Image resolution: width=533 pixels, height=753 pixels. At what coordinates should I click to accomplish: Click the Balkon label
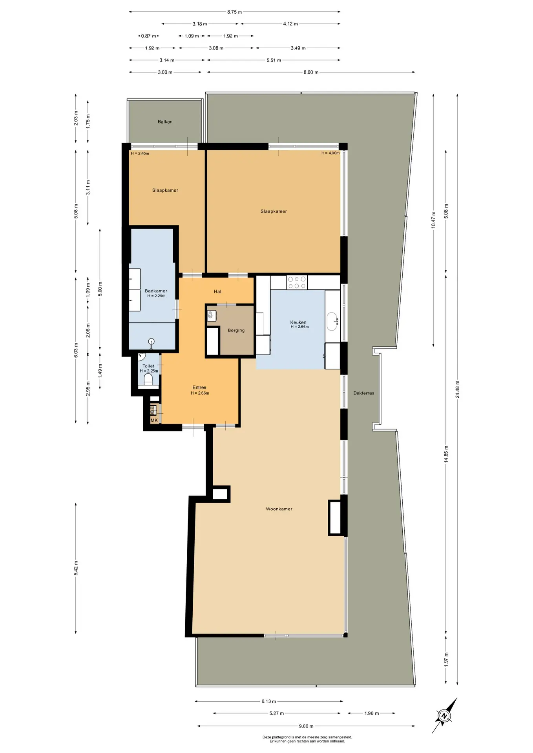coord(165,122)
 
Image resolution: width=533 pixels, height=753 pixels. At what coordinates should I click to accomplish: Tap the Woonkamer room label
coord(279,509)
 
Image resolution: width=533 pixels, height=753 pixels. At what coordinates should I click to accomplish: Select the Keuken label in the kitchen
coord(298,322)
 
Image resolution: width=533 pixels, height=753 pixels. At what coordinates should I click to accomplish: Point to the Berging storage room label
coord(236,330)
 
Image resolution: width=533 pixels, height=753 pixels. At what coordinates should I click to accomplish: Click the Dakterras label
coord(363,393)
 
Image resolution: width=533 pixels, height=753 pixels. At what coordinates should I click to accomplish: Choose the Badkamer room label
coord(156,291)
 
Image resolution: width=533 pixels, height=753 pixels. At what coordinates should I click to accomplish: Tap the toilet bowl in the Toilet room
coord(148,379)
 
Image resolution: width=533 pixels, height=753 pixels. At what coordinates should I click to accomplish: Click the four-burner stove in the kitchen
coord(297,282)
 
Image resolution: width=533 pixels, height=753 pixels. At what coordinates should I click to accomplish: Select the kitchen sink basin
coord(332,321)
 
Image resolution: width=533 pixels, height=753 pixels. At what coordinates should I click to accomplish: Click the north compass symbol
coord(444,715)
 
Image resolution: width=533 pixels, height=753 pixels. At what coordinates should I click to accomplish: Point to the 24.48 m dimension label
coord(457,389)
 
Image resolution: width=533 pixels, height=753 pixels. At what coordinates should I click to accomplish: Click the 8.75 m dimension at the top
coord(234,12)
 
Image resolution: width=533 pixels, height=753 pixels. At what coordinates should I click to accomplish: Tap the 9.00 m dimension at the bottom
coord(306,726)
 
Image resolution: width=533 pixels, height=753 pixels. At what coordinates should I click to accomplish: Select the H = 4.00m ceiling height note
coord(330,153)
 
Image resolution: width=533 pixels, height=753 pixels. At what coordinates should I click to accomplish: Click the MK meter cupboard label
coord(154,420)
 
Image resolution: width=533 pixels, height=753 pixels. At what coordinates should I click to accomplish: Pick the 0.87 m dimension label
coord(148,36)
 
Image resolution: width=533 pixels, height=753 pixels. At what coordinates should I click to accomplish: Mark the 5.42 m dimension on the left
coord(76,568)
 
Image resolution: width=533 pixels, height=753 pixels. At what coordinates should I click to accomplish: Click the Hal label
coord(217,291)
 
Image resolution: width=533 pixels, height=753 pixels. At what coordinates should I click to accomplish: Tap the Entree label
coord(199,387)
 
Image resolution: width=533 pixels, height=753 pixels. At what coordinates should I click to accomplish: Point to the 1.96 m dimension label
coord(371,713)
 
